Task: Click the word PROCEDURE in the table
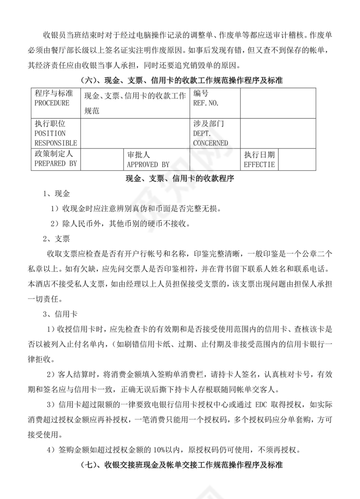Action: [x=52, y=103]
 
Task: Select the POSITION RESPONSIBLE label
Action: [x=56, y=138]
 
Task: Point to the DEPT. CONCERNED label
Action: [x=210, y=138]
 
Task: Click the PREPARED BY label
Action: [x=55, y=163]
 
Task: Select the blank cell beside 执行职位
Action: [x=135, y=134]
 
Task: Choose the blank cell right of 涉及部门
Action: [x=278, y=134]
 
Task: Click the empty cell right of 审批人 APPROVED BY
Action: [x=215, y=159]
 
